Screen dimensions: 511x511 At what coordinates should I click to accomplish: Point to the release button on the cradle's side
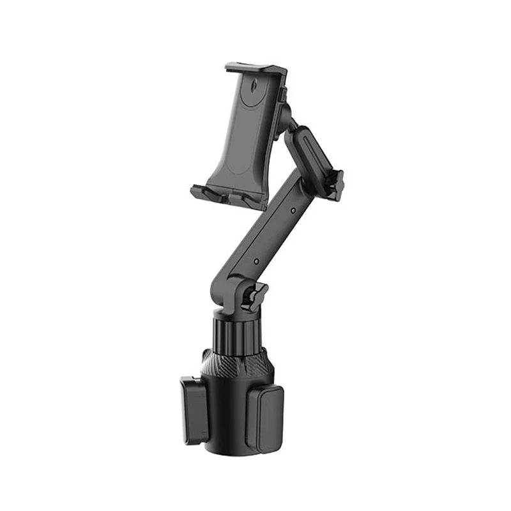281,95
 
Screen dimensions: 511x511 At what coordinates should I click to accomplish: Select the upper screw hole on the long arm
292,210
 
